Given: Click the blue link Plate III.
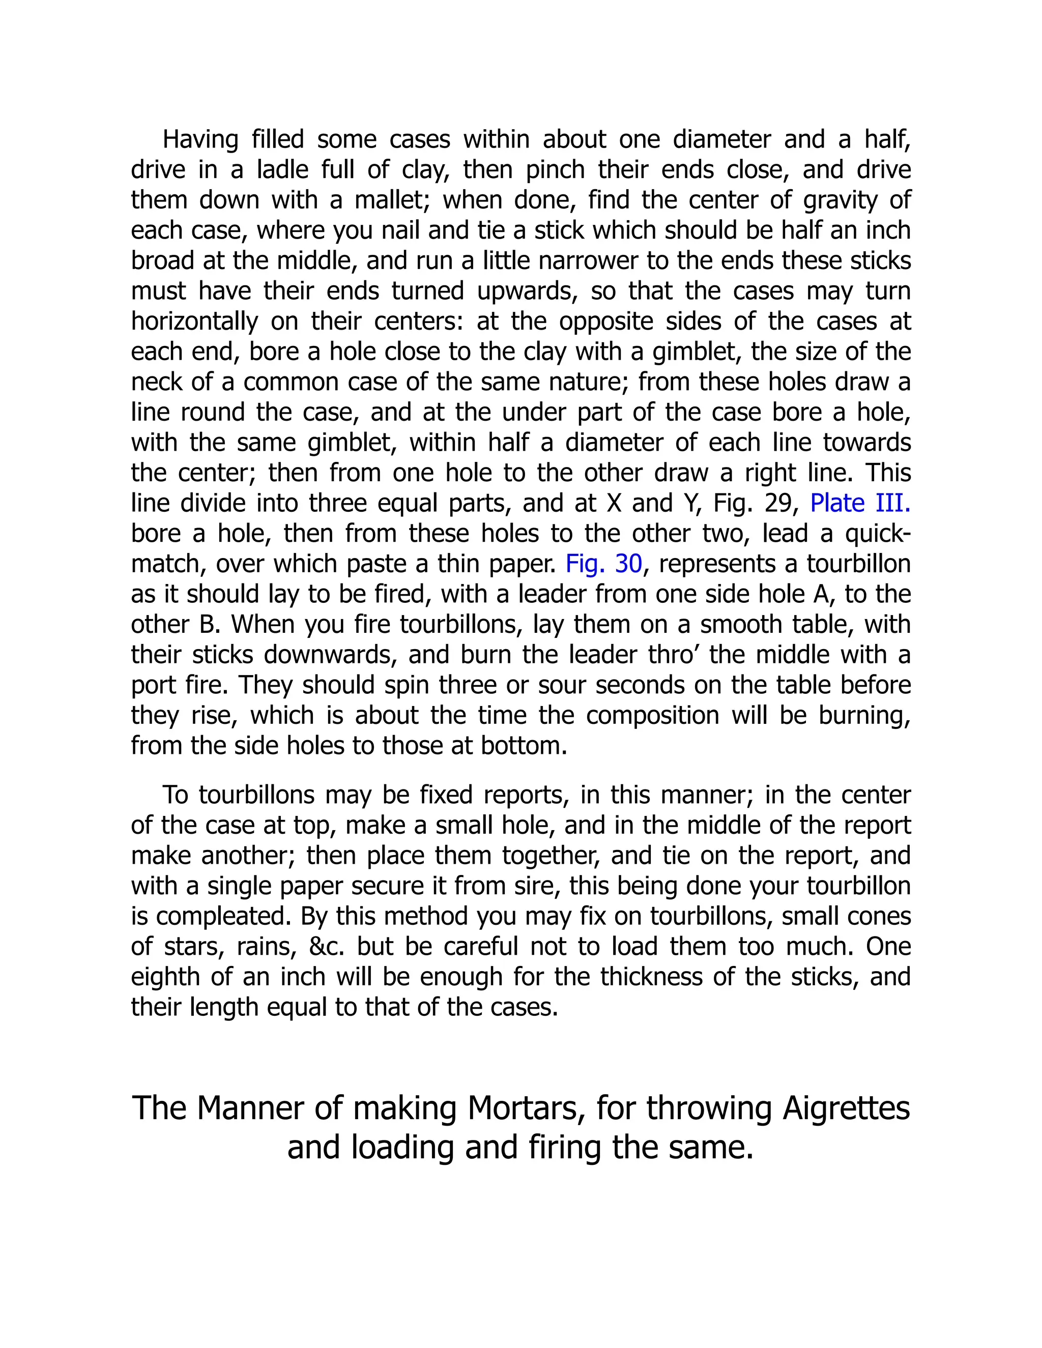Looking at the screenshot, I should (859, 504).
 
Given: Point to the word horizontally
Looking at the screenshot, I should (194, 321).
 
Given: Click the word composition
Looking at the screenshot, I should (652, 715).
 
